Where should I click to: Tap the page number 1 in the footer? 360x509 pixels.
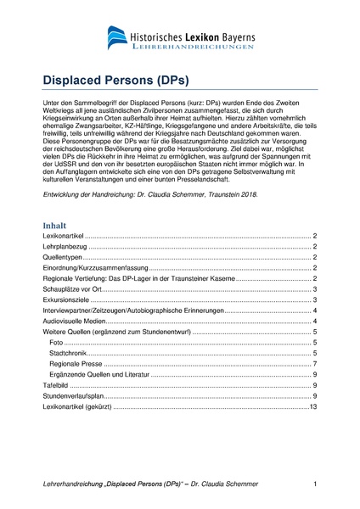(315, 484)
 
